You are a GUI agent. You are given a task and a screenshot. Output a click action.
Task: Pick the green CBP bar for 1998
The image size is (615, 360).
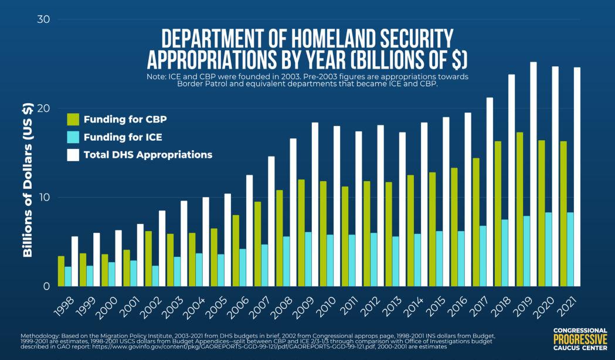(x=61, y=271)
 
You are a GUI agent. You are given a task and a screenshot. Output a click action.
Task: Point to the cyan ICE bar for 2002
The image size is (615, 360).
(x=155, y=276)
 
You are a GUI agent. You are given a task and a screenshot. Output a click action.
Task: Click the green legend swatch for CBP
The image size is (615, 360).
(x=73, y=120)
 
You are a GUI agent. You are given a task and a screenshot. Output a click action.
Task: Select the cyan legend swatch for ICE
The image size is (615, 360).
(x=73, y=137)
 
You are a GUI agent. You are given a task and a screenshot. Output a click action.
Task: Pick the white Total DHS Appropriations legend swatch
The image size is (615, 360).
(x=73, y=155)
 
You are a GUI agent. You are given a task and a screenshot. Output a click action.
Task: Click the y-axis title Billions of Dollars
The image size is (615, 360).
(x=27, y=181)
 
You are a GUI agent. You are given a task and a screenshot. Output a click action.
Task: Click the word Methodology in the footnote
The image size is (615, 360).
(x=39, y=335)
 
